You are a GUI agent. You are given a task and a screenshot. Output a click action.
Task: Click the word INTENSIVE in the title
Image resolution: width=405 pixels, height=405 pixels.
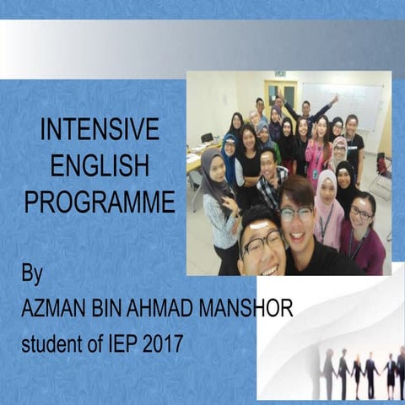point(100,130)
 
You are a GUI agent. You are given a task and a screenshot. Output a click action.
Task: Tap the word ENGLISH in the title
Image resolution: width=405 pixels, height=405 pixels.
point(100,166)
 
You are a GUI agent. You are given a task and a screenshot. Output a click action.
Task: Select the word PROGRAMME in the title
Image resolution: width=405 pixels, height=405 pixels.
point(100,202)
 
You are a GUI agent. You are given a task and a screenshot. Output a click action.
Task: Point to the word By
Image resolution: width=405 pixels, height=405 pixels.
point(32,274)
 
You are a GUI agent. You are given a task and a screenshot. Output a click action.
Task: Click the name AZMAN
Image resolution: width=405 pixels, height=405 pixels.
point(51,310)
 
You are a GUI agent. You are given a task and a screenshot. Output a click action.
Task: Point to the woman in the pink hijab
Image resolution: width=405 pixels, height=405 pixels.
point(327,202)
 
